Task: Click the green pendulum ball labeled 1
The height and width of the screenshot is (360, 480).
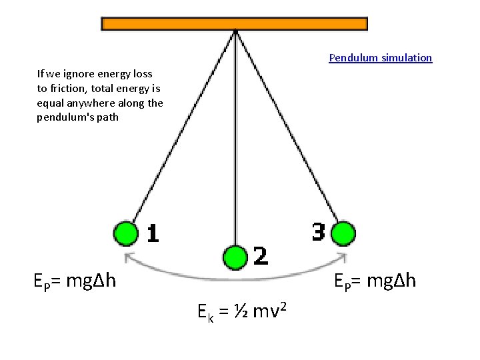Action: click(125, 234)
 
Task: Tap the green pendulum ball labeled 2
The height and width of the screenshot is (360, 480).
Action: click(235, 257)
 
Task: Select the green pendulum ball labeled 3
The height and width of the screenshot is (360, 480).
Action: click(344, 234)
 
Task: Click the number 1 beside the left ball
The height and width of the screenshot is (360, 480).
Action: click(153, 233)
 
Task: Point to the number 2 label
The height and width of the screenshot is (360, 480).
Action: click(261, 256)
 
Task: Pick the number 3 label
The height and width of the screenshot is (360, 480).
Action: click(319, 232)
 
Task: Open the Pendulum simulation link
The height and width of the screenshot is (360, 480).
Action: click(380, 58)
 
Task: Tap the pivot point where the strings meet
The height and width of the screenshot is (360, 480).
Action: click(235, 31)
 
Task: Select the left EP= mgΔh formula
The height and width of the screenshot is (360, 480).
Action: click(75, 281)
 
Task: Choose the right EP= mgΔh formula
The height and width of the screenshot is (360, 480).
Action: click(375, 281)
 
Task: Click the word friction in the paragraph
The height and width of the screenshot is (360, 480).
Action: click(65, 88)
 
